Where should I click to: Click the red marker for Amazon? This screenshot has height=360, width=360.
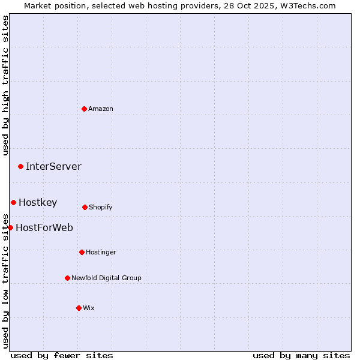84,109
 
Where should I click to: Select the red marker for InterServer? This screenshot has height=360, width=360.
20,166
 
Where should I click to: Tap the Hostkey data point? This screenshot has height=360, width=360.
13,202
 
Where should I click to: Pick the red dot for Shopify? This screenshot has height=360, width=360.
85,207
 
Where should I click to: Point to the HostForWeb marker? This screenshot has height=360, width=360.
10,227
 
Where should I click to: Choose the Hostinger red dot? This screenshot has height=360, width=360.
82,252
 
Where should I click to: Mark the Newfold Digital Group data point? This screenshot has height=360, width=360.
67,278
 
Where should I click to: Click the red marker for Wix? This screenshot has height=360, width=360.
79,308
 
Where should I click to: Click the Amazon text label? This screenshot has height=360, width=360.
101,109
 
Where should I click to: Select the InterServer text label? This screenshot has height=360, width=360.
53,166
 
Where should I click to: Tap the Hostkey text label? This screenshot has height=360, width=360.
38,202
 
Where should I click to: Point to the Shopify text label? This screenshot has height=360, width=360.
101,207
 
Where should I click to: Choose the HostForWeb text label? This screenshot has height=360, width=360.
44,227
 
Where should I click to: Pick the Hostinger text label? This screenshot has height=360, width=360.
101,252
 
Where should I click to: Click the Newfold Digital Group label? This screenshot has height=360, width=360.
106,278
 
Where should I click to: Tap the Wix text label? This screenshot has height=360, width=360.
89,308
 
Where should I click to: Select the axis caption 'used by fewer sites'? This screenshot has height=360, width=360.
62,355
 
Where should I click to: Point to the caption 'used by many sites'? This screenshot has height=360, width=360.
301,355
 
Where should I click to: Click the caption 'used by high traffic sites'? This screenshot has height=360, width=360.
5,85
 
